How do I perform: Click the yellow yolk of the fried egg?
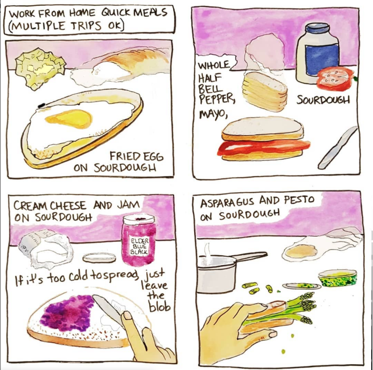(69, 118)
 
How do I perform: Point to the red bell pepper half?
(336, 79)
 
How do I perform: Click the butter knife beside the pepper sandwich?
(338, 147)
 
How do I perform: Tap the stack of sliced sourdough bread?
(265, 91)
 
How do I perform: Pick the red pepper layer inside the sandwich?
(263, 147)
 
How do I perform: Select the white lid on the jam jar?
(139, 219)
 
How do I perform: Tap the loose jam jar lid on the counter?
(99, 258)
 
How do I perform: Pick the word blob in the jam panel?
(160, 307)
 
